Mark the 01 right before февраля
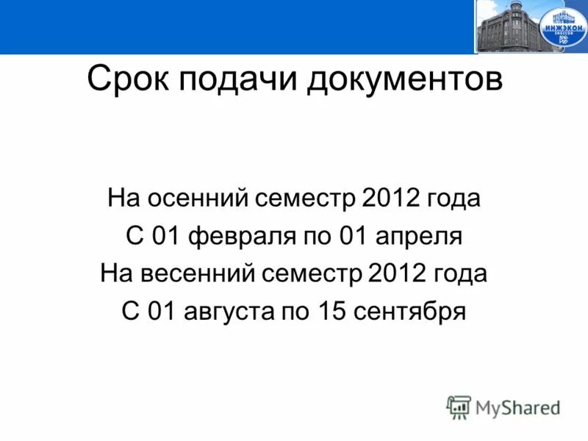167,237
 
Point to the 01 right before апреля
354,237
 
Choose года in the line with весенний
460,274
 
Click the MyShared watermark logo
504,407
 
